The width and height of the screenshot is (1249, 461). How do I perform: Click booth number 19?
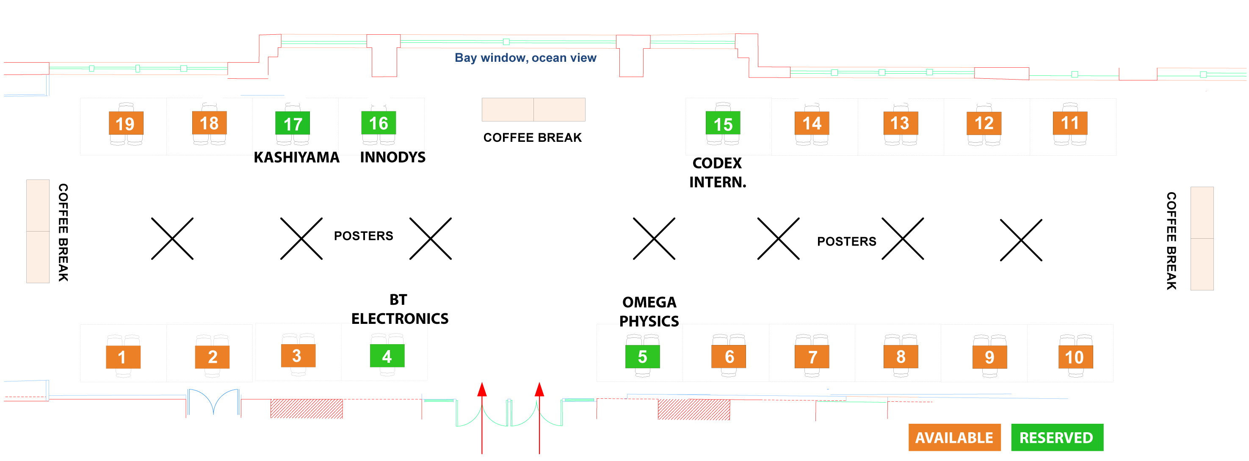pos(126,124)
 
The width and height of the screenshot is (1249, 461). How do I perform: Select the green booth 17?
pos(293,124)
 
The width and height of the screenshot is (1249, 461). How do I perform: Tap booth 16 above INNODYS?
pos(378,123)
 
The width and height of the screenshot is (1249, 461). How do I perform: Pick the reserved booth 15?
pos(722,124)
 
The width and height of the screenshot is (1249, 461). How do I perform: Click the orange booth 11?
pos(1069,123)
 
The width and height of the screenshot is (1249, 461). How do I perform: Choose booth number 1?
pos(123,357)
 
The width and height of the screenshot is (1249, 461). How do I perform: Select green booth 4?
pos(387,356)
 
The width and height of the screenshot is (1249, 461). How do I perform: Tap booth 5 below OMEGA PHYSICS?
pos(642,357)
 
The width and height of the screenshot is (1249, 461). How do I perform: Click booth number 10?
pos(1075,357)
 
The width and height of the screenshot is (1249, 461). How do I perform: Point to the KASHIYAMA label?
pos(296,157)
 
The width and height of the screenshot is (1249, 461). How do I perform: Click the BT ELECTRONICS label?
pos(400,309)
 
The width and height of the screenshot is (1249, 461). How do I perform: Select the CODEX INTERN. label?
pos(718,173)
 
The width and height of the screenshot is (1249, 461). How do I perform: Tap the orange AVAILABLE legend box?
pos(954,437)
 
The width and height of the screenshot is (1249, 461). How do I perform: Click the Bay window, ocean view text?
pos(525,58)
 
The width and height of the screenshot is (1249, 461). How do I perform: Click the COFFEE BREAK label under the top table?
pos(532,138)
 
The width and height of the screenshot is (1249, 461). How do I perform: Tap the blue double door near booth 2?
pos(213,401)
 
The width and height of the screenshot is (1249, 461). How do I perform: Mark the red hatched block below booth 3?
pos(307,409)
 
